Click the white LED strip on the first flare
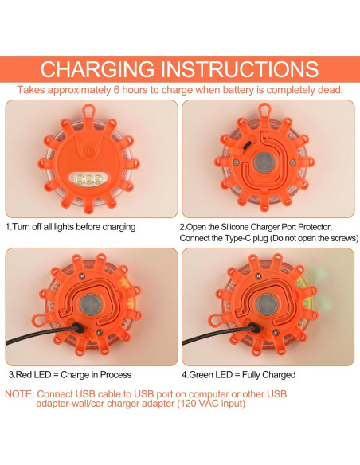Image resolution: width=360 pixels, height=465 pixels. (x=92, y=178)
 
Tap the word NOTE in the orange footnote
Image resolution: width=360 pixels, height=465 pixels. (x=19, y=394)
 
